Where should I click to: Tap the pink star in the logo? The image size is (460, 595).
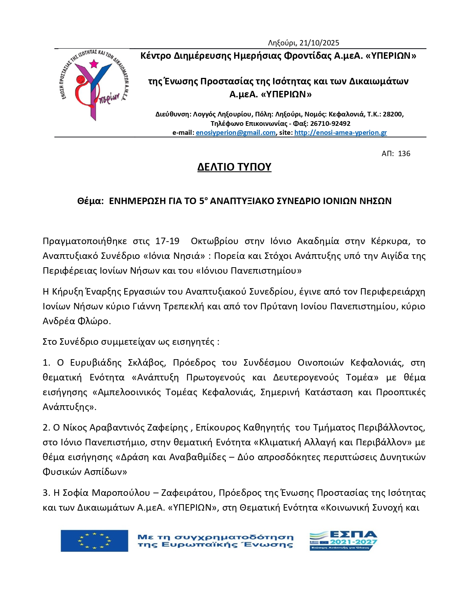pyautogui.click(x=94, y=64)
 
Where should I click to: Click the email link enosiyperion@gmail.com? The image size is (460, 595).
pyautogui.click(x=236, y=133)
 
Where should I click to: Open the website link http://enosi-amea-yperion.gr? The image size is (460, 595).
pyautogui.click(x=341, y=133)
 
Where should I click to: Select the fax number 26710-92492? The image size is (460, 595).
pyautogui.click(x=330, y=123)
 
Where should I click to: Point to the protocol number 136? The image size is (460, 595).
pyautogui.click(x=404, y=154)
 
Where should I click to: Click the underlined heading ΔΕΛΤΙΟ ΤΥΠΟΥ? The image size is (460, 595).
pyautogui.click(x=234, y=167)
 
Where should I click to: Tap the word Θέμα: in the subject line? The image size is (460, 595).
pyautogui.click(x=91, y=201)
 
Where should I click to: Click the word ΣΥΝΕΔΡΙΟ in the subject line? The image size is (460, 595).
pyautogui.click(x=305, y=201)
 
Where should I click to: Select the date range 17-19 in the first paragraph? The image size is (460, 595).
pyautogui.click(x=167, y=241)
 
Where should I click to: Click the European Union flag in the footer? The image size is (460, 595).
pyautogui.click(x=94, y=541)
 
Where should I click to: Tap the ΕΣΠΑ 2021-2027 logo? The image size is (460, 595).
pyautogui.click(x=343, y=540)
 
